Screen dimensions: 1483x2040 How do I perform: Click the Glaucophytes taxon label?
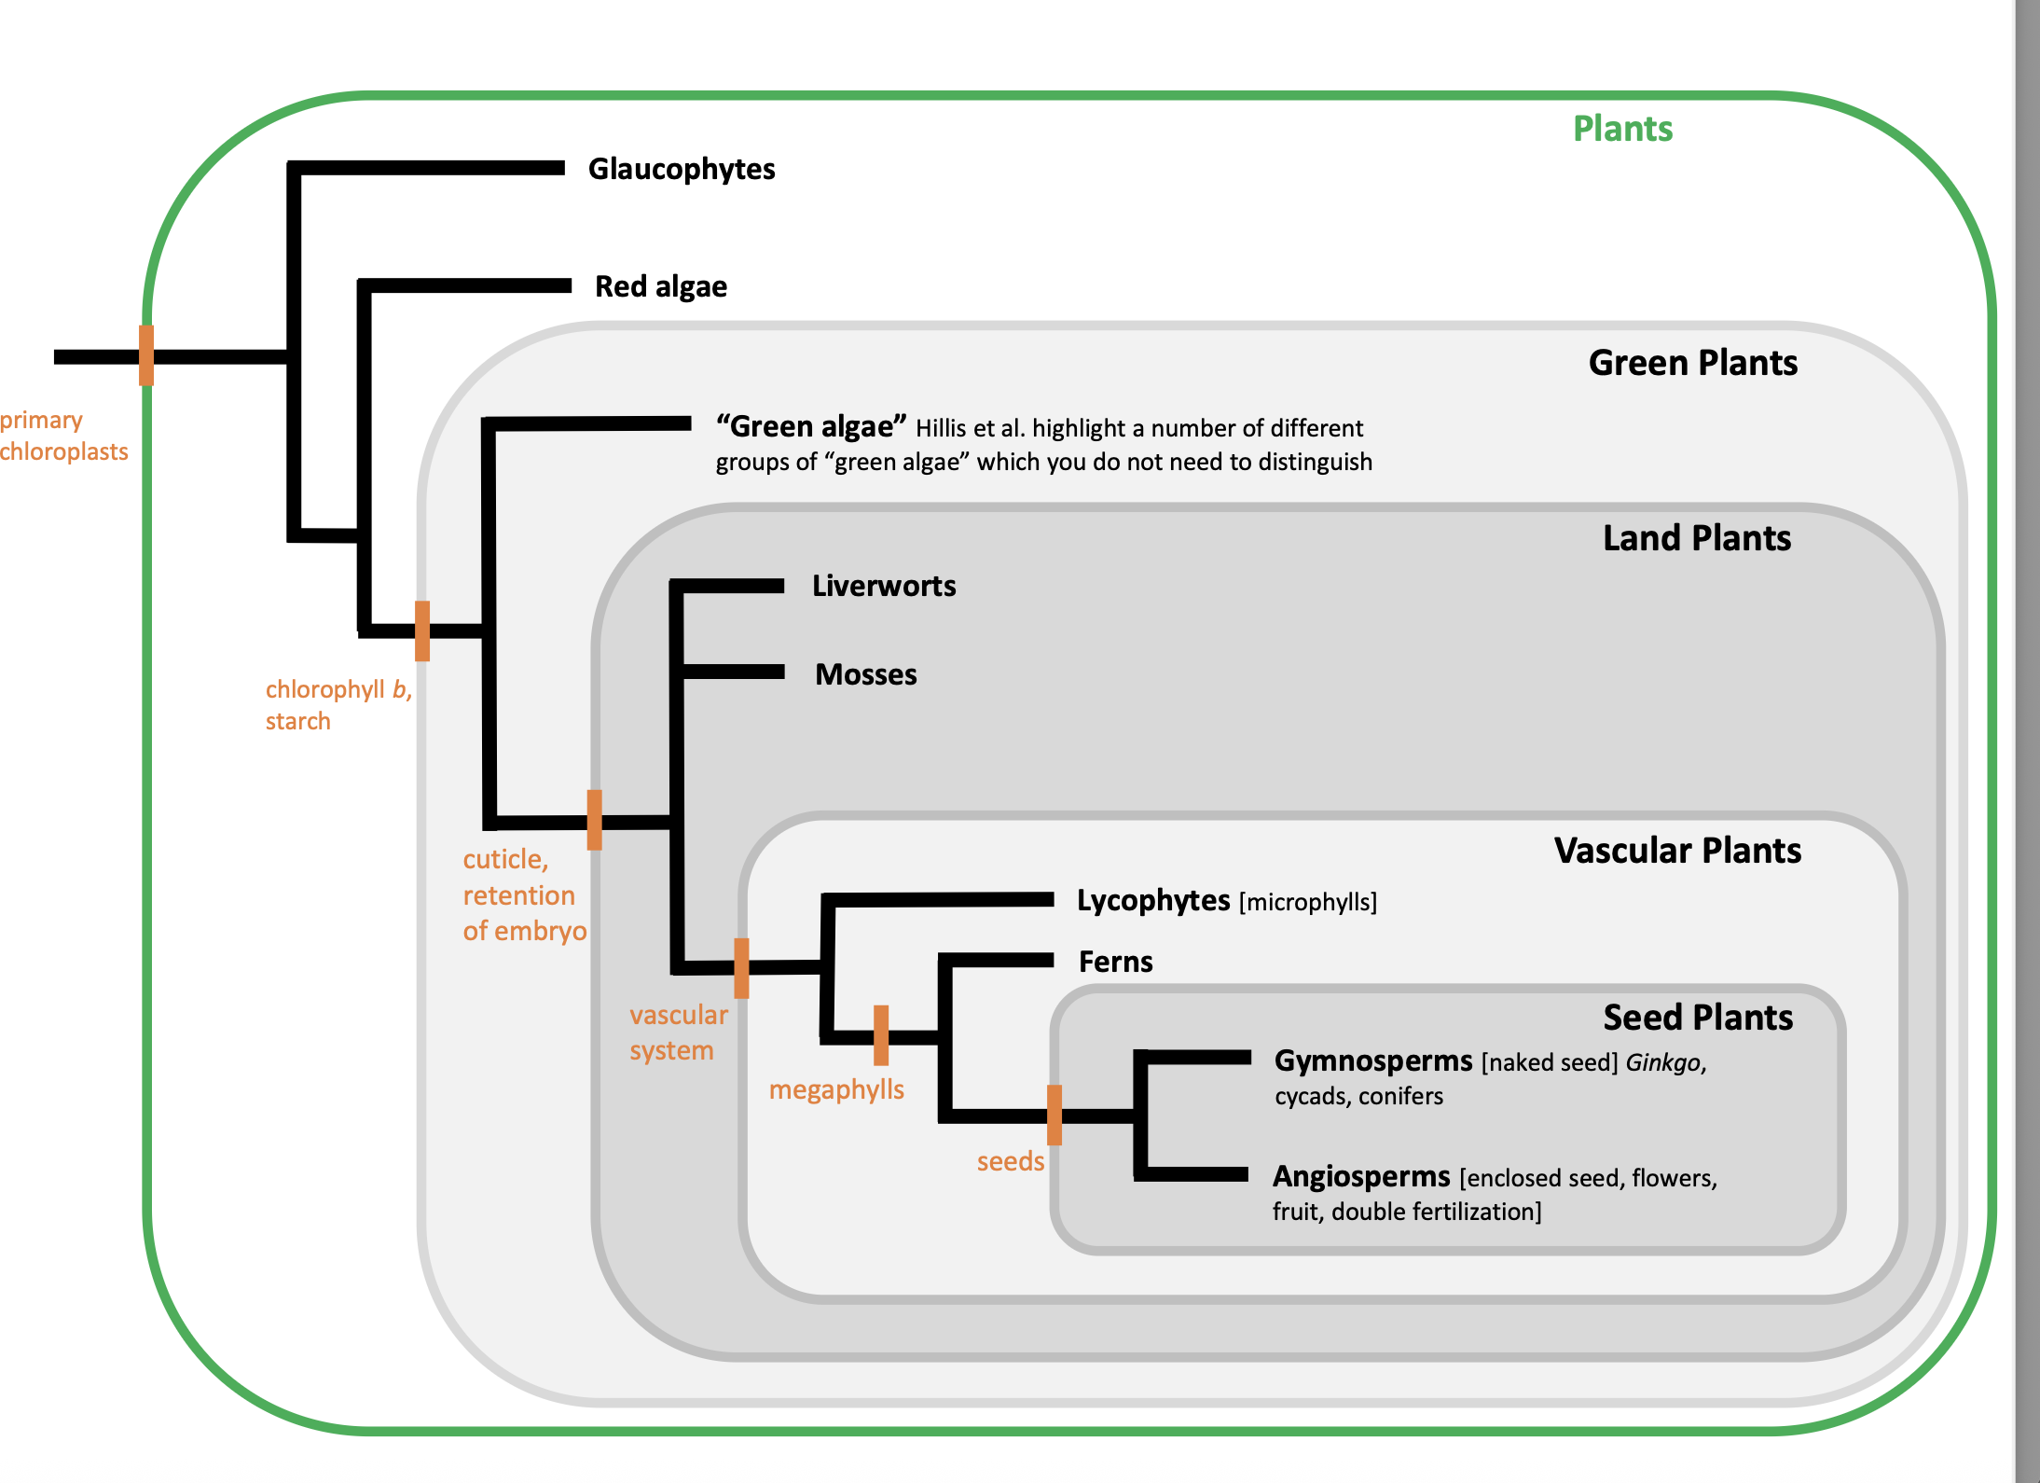(x=681, y=169)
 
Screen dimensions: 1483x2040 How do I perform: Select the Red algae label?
(x=660, y=286)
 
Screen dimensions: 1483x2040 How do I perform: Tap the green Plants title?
(x=1622, y=129)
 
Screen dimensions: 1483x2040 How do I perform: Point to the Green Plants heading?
(x=1692, y=363)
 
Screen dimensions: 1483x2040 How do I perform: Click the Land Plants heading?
(x=1696, y=538)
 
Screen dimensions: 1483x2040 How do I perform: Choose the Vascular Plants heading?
(x=1676, y=851)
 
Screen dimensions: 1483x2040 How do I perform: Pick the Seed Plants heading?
(x=1697, y=1017)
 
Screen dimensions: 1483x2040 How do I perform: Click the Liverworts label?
(x=883, y=586)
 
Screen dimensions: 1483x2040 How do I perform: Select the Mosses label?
(x=865, y=674)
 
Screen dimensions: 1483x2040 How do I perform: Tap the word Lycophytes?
(x=1152, y=900)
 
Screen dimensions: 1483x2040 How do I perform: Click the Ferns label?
(x=1115, y=962)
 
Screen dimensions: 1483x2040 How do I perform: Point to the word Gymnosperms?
(x=1372, y=1061)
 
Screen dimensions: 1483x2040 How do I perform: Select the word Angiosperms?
(x=1361, y=1176)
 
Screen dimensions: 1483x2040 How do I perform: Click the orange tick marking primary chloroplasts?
(x=146, y=355)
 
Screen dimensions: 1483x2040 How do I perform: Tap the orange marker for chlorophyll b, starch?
(x=422, y=631)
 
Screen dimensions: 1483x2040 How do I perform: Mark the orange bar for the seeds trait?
(x=1054, y=1115)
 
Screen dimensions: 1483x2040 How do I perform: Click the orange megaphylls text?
(x=836, y=1089)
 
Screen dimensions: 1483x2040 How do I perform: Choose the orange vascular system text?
(x=678, y=1033)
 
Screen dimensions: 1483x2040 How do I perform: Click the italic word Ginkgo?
(x=1663, y=1062)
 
